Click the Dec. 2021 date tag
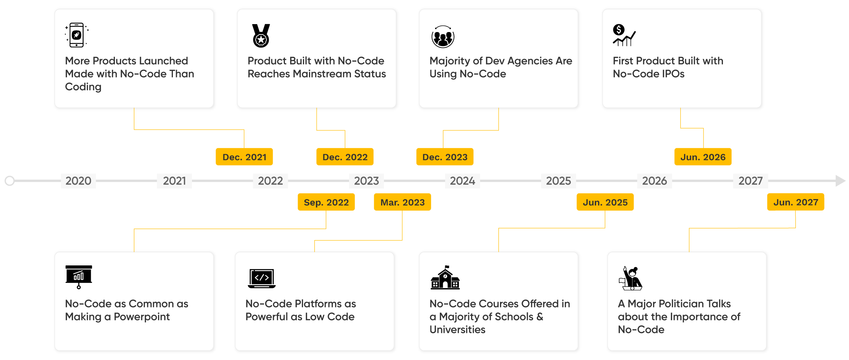click(244, 157)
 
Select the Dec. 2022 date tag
click(345, 157)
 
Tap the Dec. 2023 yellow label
click(445, 157)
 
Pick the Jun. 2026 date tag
click(703, 157)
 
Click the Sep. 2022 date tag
click(326, 202)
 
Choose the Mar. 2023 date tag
click(402, 202)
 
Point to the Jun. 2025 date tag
click(605, 202)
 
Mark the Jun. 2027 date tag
click(796, 202)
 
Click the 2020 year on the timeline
click(79, 181)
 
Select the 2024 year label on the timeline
click(463, 181)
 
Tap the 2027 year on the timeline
click(751, 181)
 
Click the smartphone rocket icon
click(77, 35)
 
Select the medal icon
click(261, 36)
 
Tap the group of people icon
click(443, 37)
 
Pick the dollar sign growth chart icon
click(624, 35)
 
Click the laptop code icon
click(262, 278)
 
